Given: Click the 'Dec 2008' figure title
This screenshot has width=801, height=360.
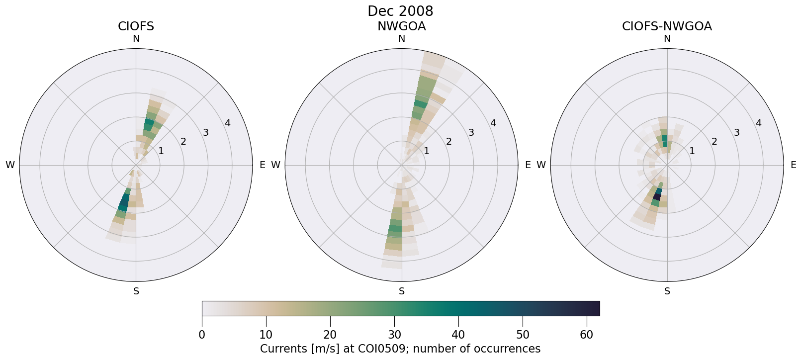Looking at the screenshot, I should [x=400, y=11].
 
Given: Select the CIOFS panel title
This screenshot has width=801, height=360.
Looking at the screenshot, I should [x=136, y=26].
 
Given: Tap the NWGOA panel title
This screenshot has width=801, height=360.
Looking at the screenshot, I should [x=401, y=26].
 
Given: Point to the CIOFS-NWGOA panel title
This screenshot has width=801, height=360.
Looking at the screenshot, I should [x=667, y=26].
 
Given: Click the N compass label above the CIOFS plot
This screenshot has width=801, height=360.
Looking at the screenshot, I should [x=136, y=39].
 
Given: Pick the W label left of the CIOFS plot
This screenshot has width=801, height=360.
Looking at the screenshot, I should [x=10, y=165].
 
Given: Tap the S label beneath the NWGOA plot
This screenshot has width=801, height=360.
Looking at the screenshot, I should [x=402, y=291].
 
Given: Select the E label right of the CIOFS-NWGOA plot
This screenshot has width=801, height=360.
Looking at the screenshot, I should [x=793, y=165].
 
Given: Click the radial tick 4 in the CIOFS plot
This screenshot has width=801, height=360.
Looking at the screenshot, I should [x=228, y=123].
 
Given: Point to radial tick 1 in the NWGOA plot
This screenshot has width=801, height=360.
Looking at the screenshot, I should [x=426, y=151].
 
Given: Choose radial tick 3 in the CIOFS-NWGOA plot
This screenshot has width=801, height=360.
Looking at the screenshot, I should [x=736, y=133].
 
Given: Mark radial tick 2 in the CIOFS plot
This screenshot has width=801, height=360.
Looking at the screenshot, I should [x=183, y=142].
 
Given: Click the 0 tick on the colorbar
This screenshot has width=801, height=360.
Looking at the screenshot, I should [x=202, y=335].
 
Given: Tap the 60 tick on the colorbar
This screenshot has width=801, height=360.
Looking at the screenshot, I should [x=586, y=335].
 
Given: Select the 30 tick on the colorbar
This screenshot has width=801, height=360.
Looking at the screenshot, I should [x=394, y=335].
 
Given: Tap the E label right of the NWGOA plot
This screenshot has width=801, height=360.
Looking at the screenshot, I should [x=528, y=165].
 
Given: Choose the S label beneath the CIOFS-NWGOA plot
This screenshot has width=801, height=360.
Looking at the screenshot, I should [x=667, y=291].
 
